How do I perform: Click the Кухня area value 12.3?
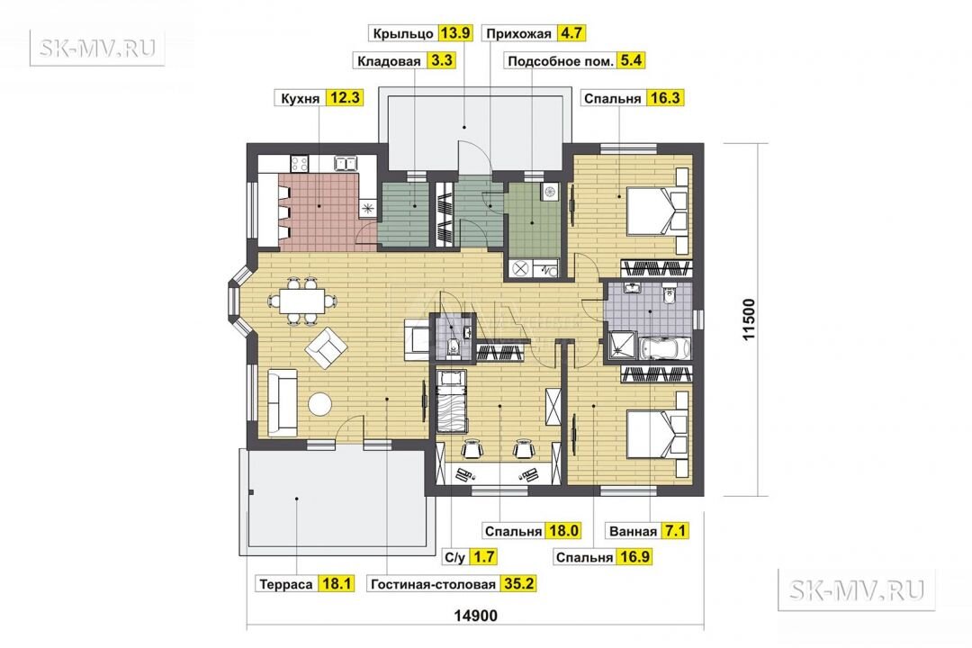pos(345,98)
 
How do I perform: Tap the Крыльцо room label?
pos(403,33)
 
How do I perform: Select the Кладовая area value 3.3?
pos(441,61)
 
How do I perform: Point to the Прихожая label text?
pos(518,33)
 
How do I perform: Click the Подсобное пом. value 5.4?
pos(631,61)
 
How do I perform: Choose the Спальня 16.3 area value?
pos(664,98)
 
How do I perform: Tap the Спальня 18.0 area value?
pos(563,531)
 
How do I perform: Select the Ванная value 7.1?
pos(674,531)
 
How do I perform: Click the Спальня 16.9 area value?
pos(634,557)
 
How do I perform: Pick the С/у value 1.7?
pos(483,557)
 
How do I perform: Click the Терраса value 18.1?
pos(337,584)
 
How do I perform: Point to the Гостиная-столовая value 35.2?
pos(518,584)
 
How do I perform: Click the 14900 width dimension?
pos(475,616)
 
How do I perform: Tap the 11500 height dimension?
pos(750,319)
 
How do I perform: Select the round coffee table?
pos(319,405)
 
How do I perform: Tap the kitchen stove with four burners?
pos(300,164)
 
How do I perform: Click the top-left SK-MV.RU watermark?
pos(97,48)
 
